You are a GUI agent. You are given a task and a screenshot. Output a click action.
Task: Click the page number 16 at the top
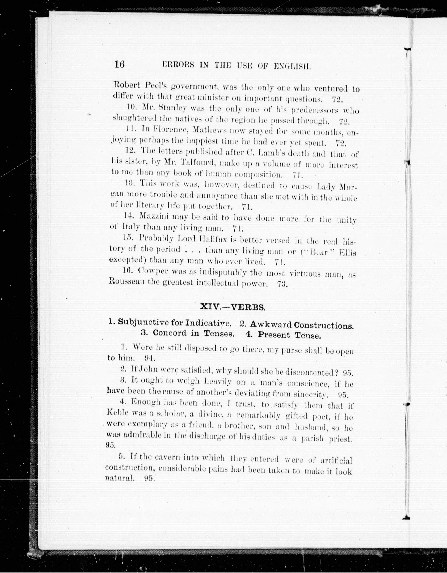click(x=119, y=64)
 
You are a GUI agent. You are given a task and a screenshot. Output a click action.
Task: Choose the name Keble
click(x=118, y=420)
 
